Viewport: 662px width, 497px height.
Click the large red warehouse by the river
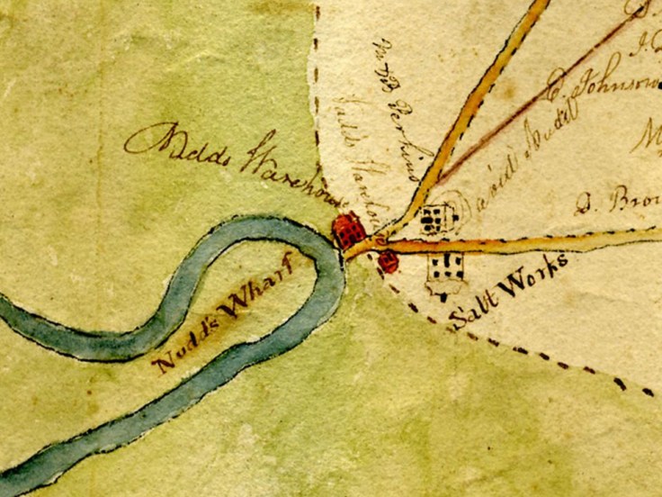(x=349, y=230)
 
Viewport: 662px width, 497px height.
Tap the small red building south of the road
(x=388, y=262)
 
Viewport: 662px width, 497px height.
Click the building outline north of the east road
(x=435, y=218)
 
